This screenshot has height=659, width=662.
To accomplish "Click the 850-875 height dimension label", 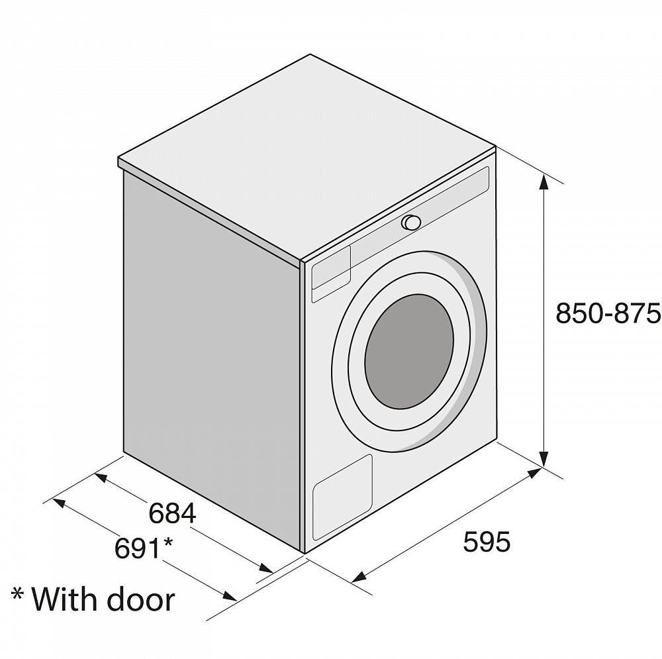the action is pos(608,313).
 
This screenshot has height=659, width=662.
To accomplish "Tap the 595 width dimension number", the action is pos(487,542).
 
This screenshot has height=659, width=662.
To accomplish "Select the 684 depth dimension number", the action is pos(172,513).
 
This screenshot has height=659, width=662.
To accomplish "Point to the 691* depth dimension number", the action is pos(144,548).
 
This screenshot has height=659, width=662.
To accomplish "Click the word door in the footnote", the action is pos(140,599).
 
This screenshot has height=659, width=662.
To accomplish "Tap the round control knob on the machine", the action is pos(411,222).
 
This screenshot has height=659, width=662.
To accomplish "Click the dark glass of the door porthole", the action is pos(409,352).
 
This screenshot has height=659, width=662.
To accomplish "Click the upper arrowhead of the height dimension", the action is pos(544,183).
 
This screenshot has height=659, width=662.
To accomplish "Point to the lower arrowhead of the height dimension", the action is pos(544,458).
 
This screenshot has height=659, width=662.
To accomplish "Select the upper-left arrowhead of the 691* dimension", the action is pos(58,503).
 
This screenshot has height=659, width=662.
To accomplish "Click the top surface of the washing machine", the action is pos(307,156).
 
